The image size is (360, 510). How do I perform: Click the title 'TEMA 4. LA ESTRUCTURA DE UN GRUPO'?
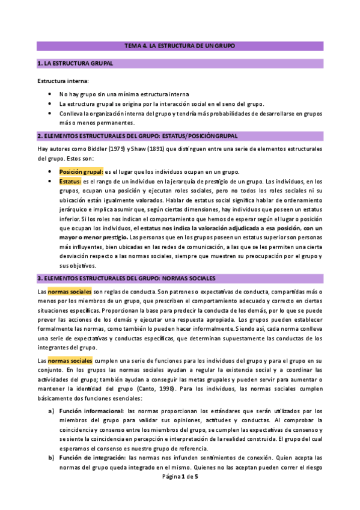180,46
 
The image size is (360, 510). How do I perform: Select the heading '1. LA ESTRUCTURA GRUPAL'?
75,63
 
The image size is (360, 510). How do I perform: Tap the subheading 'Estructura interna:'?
63,81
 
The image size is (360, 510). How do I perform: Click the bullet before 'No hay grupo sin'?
49,94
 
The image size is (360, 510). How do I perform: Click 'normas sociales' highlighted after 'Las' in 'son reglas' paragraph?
70,292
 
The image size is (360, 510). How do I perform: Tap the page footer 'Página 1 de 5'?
180,476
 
